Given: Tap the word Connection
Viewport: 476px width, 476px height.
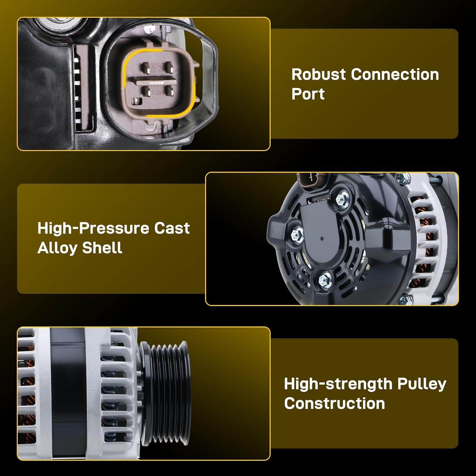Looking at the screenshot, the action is click(395, 74).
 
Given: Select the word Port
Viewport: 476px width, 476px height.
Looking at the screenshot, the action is click(308, 94).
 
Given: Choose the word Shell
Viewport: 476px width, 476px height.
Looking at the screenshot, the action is click(102, 248).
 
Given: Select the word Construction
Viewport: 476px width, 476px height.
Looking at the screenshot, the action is click(334, 403).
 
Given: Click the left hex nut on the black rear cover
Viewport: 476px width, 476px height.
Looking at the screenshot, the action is click(296, 235).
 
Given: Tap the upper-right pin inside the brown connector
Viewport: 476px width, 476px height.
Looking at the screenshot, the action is click(169, 67).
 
